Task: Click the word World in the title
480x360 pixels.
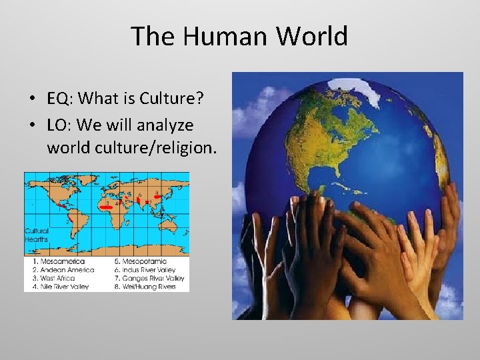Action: [312, 36]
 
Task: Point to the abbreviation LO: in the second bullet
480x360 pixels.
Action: [59, 125]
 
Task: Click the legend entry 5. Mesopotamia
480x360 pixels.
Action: [141, 261]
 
